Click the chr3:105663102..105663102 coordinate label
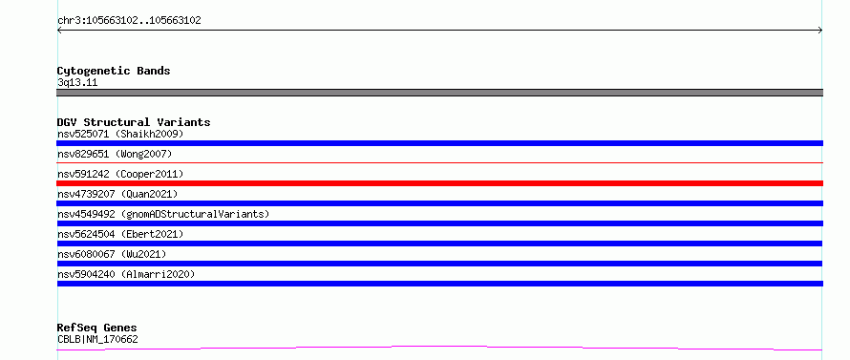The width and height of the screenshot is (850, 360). (129, 21)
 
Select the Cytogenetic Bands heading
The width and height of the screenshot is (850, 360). (114, 71)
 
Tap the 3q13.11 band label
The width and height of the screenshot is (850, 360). (77, 83)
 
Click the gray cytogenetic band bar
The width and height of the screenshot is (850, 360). (439, 93)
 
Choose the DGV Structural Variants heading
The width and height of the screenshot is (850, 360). (134, 122)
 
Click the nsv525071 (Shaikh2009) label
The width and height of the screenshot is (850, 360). (120, 134)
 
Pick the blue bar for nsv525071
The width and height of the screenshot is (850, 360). (439, 143)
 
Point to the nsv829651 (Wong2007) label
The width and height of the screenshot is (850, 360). (115, 154)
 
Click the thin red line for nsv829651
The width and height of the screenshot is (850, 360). (439, 162)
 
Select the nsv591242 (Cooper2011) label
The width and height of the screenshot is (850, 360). (120, 174)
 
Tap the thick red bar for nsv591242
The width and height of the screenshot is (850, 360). (439, 183)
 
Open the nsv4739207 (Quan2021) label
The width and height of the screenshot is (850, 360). (117, 194)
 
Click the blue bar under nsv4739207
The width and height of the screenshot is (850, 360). (439, 203)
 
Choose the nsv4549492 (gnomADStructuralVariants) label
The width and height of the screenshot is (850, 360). (163, 214)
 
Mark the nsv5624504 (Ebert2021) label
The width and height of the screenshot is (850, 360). (120, 234)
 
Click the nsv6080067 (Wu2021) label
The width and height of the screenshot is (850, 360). (112, 254)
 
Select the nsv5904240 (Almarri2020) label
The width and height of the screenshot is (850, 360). (126, 274)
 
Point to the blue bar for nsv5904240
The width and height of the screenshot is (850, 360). (439, 284)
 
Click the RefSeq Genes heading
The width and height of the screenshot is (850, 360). (96, 328)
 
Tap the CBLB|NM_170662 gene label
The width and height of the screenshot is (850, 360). (97, 339)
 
